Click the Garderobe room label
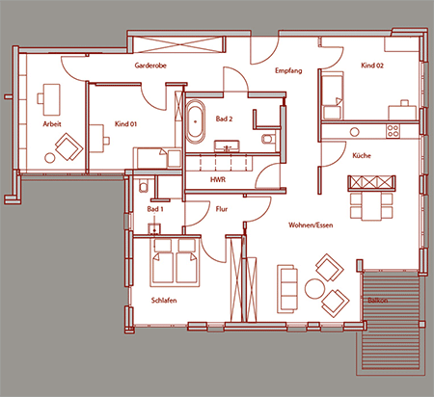(150, 66)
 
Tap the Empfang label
(288, 70)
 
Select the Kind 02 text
(372, 66)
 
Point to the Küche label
(362, 155)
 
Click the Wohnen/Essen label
(311, 225)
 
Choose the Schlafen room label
(164, 301)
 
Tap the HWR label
(218, 179)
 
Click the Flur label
(222, 209)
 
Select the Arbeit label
(52, 124)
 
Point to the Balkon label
(378, 301)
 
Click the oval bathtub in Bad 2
(196, 121)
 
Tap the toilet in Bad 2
(267, 139)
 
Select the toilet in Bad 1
(144, 185)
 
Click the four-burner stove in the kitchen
(393, 131)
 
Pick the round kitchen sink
(355, 132)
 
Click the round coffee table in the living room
(314, 288)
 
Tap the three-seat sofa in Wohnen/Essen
(287, 289)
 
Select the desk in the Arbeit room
(51, 99)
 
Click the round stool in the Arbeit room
(50, 158)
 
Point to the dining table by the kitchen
(371, 206)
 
